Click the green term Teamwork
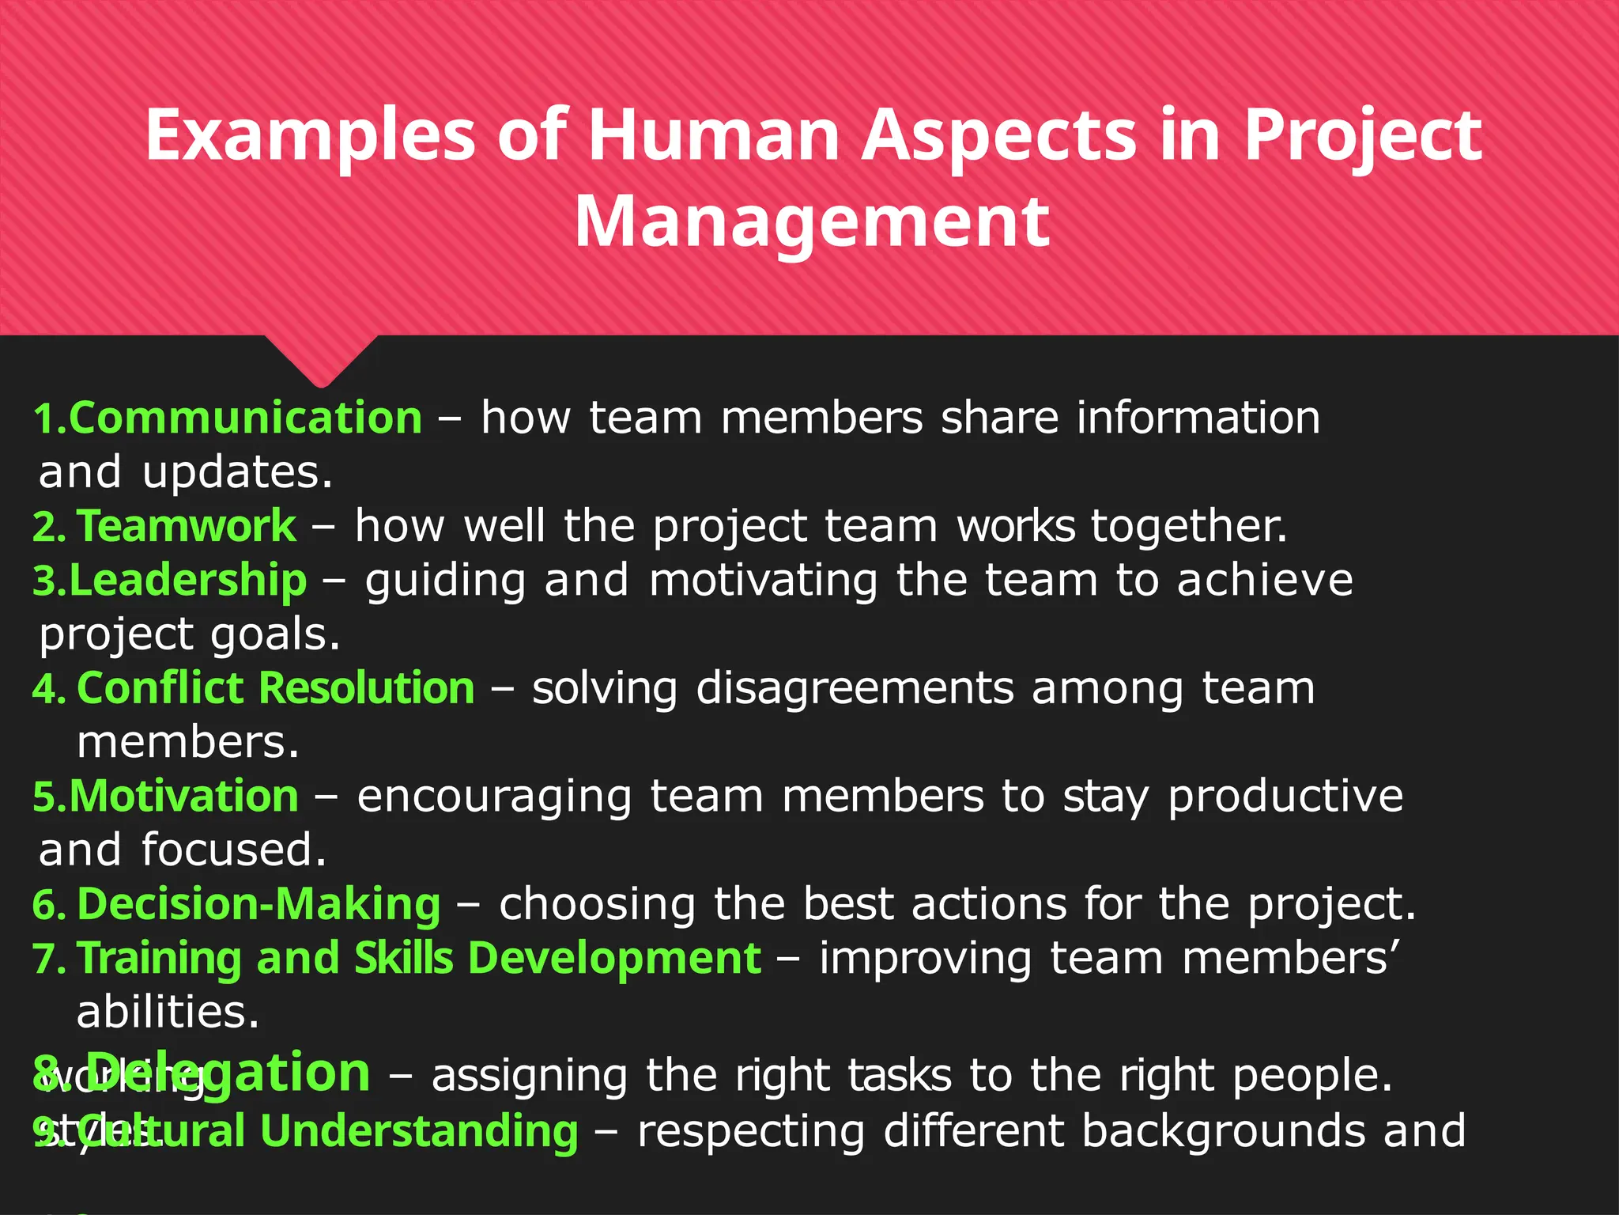187,525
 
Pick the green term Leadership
188,580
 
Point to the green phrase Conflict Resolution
276,687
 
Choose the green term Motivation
184,796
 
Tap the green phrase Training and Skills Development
419,958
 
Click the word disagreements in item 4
855,689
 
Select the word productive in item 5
1285,796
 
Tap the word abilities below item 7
168,1012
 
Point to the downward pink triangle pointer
321,360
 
